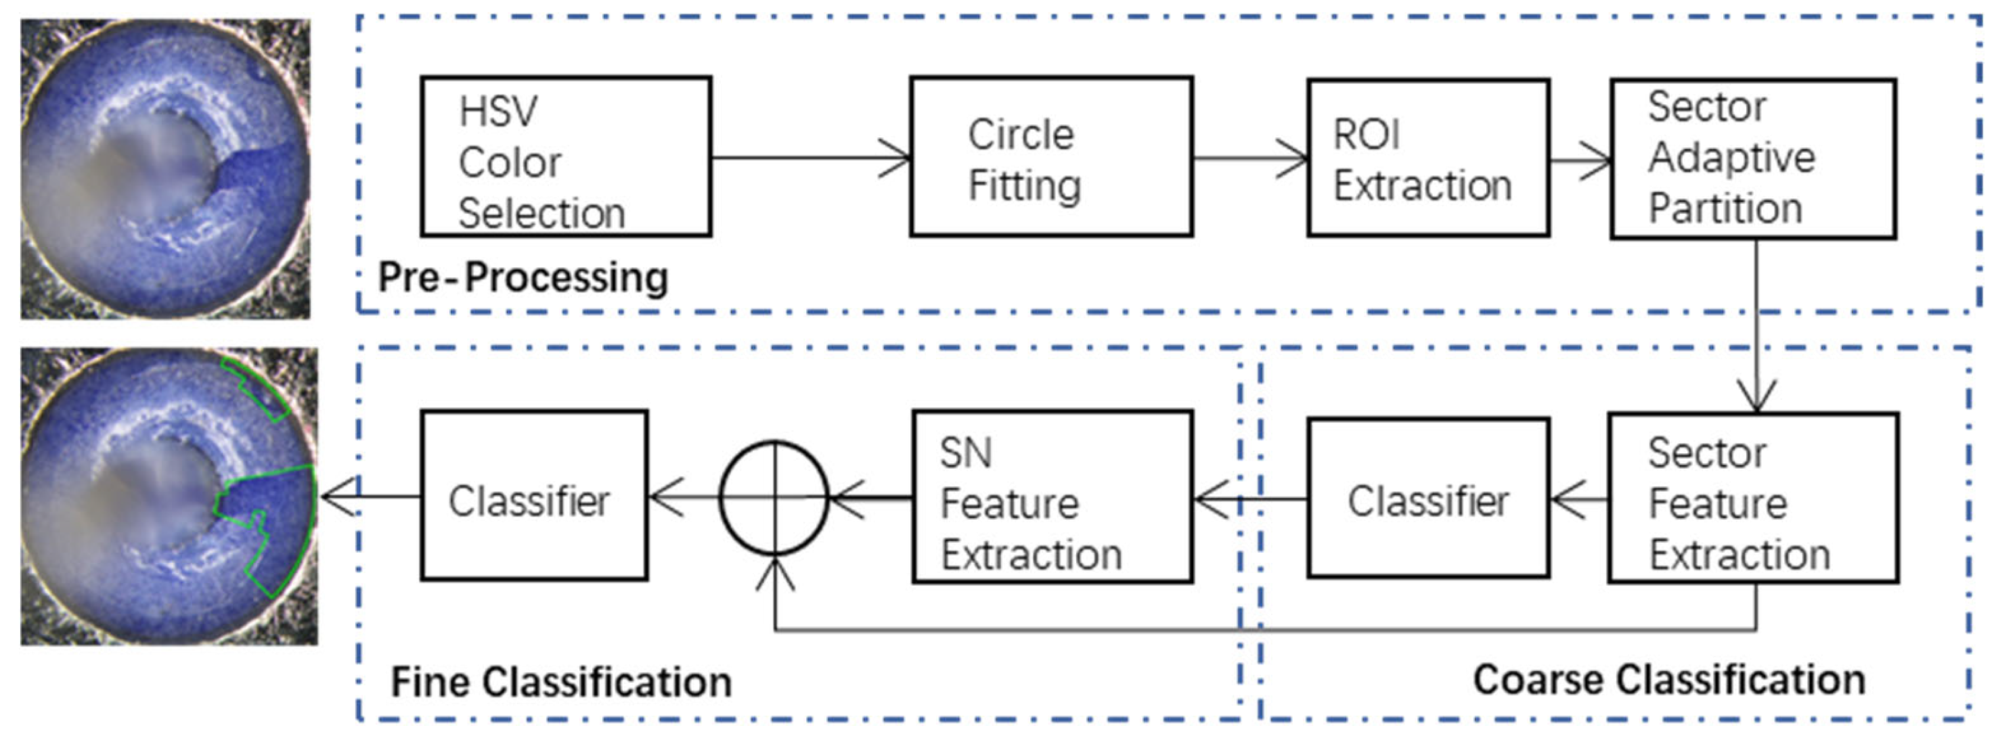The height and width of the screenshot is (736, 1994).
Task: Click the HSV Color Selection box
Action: (x=566, y=156)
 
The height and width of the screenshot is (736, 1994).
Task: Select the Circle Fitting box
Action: (x=1051, y=156)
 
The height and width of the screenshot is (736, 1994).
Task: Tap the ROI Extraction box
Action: (x=1428, y=158)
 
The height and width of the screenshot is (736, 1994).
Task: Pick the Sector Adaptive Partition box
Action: (x=1753, y=158)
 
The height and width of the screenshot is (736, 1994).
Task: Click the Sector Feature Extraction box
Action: (x=1753, y=498)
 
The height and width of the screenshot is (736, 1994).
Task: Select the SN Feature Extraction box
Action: (x=1052, y=496)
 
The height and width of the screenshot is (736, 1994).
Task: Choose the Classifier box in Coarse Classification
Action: (x=1428, y=499)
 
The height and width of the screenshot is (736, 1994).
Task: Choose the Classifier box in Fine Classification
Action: (x=534, y=496)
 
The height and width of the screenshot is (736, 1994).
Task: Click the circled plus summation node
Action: (x=774, y=497)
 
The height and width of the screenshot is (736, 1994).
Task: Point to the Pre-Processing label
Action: (x=523, y=277)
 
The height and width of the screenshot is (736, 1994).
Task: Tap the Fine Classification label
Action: (x=561, y=682)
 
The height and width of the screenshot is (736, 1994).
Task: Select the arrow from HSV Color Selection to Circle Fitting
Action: (x=810, y=158)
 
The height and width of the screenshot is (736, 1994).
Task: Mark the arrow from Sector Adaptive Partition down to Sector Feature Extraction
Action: (x=1756, y=325)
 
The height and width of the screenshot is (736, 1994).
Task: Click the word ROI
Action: (x=1367, y=135)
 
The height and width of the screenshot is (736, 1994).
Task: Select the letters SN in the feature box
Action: (x=965, y=453)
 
